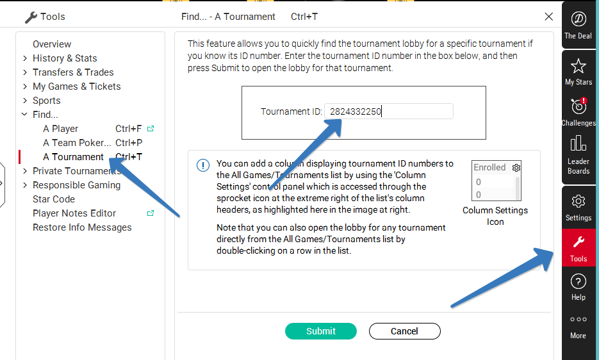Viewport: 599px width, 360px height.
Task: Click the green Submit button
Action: (321, 331)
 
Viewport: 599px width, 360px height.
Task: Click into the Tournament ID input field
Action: (389, 111)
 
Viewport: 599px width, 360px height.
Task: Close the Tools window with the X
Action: (548, 17)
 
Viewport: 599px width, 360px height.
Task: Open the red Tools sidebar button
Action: (578, 248)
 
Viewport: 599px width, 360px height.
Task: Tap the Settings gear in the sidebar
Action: (578, 201)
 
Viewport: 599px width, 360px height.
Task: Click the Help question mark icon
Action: (578, 282)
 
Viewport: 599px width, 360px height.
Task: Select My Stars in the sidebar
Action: (578, 72)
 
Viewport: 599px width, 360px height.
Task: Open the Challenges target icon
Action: (578, 106)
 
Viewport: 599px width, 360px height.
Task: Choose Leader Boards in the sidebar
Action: (578, 155)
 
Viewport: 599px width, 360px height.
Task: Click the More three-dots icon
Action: (578, 319)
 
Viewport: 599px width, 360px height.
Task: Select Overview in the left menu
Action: (52, 44)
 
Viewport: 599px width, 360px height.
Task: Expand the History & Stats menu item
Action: (65, 58)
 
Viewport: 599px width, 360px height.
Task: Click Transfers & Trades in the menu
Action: (73, 72)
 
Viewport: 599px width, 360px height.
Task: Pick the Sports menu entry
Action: (47, 101)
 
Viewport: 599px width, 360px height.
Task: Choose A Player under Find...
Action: (60, 129)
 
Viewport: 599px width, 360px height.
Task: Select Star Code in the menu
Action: (54, 199)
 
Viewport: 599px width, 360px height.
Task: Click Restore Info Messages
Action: (82, 227)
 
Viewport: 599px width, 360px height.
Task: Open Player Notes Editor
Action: (74, 213)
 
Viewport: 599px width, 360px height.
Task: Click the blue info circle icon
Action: (203, 165)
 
